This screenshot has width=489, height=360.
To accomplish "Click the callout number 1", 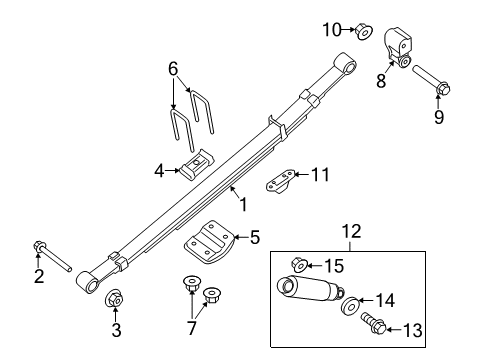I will tap(241, 204).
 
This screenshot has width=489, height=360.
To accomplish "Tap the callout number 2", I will tap(39, 277).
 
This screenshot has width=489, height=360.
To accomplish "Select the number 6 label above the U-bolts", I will tap(174, 68).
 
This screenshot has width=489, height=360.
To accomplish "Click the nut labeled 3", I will tap(114, 299).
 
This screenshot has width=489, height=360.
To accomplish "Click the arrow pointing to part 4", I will tap(172, 171).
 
